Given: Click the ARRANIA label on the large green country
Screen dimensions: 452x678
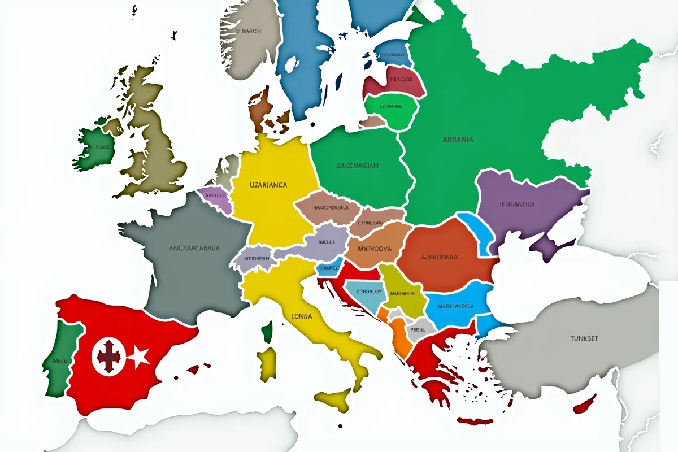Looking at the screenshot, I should [x=458, y=139].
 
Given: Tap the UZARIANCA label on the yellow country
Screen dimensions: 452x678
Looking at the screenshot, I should [x=268, y=185].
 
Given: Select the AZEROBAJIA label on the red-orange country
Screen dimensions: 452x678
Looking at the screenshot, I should [x=440, y=257].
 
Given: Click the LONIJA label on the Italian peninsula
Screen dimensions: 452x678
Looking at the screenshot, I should [x=301, y=316].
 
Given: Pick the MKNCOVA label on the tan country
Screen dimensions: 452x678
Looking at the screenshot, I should [x=375, y=247].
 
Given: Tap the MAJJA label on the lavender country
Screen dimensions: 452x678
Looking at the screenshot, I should [x=327, y=242].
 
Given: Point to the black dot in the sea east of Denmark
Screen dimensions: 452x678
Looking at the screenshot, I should [x=312, y=124].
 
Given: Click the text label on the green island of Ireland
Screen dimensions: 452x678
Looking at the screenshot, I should [x=97, y=147].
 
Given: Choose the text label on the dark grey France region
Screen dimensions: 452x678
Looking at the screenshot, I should [x=195, y=247].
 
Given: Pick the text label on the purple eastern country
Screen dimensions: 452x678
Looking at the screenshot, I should [x=518, y=204].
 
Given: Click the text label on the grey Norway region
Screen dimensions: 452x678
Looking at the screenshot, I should [x=248, y=32].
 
